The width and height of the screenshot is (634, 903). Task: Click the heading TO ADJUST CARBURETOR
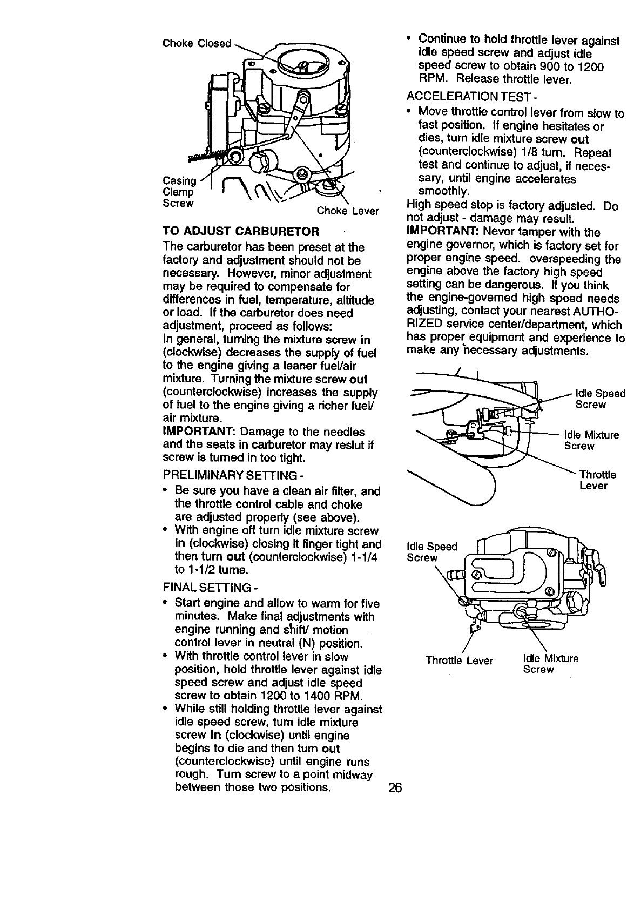(240, 232)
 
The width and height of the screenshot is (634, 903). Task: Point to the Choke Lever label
(348, 211)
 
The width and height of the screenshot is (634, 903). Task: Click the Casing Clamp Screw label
(178, 192)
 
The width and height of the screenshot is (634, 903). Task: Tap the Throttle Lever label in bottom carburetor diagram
(459, 661)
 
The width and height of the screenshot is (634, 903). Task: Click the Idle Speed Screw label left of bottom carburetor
(431, 551)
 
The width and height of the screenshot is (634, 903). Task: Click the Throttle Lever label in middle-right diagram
(597, 480)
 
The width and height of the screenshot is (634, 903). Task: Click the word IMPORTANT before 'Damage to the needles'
(198, 432)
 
